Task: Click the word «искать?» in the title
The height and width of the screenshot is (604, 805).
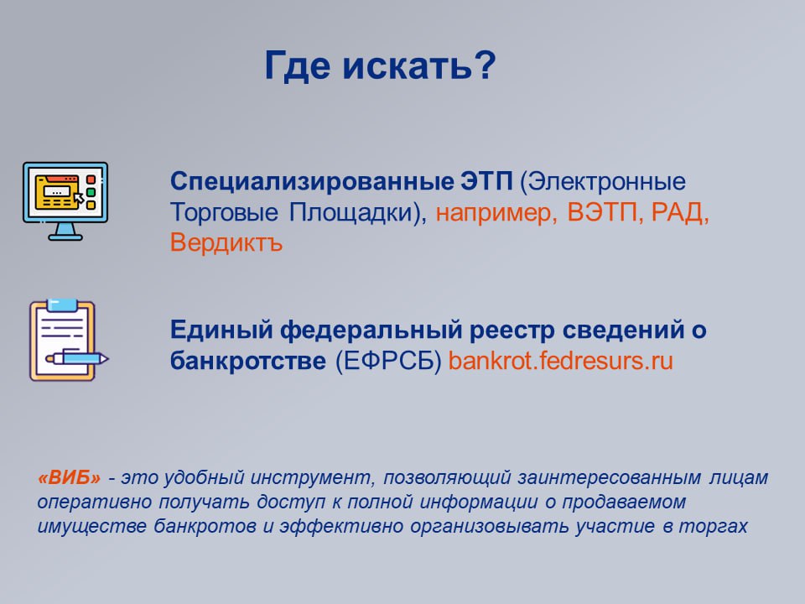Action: click(419, 66)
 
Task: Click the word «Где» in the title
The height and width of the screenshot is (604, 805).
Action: click(297, 66)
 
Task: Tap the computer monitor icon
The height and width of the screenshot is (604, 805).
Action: click(65, 200)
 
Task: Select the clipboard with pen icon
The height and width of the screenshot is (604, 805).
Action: click(69, 340)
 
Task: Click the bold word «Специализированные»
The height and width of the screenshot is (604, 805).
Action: click(312, 182)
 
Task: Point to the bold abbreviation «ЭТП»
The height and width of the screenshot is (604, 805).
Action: click(486, 182)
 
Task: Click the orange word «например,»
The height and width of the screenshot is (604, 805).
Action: click(496, 212)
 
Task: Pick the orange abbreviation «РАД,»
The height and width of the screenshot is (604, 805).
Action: click(680, 211)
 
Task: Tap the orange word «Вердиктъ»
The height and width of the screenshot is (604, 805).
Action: click(226, 242)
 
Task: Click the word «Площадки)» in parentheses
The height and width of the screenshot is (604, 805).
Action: click(358, 212)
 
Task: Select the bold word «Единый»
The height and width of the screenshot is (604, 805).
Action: click(221, 331)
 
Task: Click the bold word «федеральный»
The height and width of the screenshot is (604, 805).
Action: click(371, 331)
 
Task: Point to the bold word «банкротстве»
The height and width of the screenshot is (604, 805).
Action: click(248, 361)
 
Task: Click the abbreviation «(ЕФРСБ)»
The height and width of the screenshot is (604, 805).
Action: click(388, 362)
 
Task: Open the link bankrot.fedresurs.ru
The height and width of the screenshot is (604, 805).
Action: click(561, 361)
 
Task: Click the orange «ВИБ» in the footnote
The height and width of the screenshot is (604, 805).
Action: click(69, 478)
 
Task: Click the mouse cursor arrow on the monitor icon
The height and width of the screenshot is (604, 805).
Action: click(79, 199)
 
